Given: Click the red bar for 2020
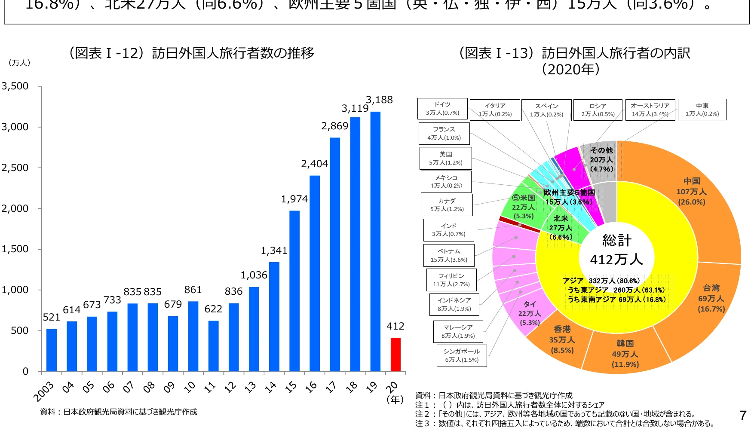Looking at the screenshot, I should pyautogui.click(x=395, y=354).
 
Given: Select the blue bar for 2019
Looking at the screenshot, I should pyautogui.click(x=375, y=241).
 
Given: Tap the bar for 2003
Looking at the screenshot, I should pyautogui.click(x=52, y=350).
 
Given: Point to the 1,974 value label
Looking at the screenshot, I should pyautogui.click(x=294, y=199).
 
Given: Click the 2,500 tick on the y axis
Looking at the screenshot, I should pyautogui.click(x=15, y=168).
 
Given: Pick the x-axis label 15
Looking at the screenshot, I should pyautogui.click(x=291, y=387).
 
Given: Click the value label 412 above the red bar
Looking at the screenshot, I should pyautogui.click(x=395, y=327).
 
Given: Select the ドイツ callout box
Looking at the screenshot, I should pyautogui.click(x=442, y=109).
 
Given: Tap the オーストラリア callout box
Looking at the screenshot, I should pyautogui.click(x=650, y=110).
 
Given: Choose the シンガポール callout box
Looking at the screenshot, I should pyautogui.click(x=462, y=355).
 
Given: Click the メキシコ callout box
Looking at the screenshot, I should pyautogui.click(x=446, y=181).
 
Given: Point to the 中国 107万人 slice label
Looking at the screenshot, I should pyautogui.click(x=692, y=192).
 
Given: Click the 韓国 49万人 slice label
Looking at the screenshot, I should pyautogui.click(x=625, y=354).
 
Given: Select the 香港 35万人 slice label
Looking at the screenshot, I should pyautogui.click(x=562, y=340).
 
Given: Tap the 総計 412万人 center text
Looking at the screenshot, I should pyautogui.click(x=616, y=250).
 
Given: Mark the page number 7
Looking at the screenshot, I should pyautogui.click(x=743, y=416).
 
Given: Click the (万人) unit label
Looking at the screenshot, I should pyautogui.click(x=19, y=63).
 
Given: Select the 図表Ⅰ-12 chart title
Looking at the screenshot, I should pyautogui.click(x=191, y=53).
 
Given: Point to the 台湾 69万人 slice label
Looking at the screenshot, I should pyautogui.click(x=711, y=298).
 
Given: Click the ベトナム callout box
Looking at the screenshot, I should pyautogui.click(x=449, y=255).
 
